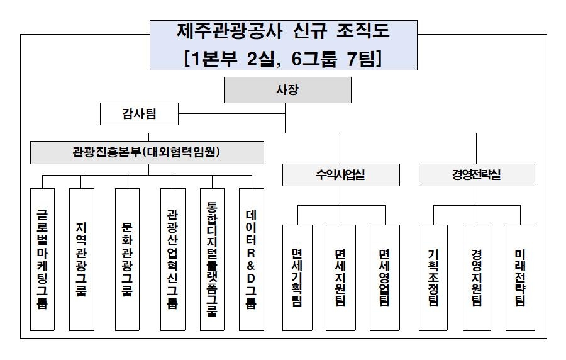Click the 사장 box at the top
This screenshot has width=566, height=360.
pos(287,90)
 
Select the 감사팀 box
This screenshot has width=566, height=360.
pos(139,115)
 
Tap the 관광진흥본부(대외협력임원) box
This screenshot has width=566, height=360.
pos(147,152)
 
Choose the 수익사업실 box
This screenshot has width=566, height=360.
pos(340,175)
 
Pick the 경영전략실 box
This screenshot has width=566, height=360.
pos(477,175)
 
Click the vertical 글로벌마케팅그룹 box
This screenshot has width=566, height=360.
pos(43,259)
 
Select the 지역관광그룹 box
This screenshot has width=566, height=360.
pos(81,259)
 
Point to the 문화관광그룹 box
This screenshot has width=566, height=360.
pos(127,259)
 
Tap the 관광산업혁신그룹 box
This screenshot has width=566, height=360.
pos(172,259)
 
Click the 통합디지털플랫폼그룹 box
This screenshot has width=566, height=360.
pos(212,259)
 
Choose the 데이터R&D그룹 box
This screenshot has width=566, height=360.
pos(252,259)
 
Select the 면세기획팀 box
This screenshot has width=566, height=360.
pos(297,277)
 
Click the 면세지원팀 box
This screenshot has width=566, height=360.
pos(340,277)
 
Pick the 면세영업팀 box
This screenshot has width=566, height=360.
pos(384,277)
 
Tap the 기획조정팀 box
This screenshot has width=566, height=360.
pos(433,277)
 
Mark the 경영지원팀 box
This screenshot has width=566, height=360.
pos(477,277)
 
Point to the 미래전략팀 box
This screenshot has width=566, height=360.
pos(520,277)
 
